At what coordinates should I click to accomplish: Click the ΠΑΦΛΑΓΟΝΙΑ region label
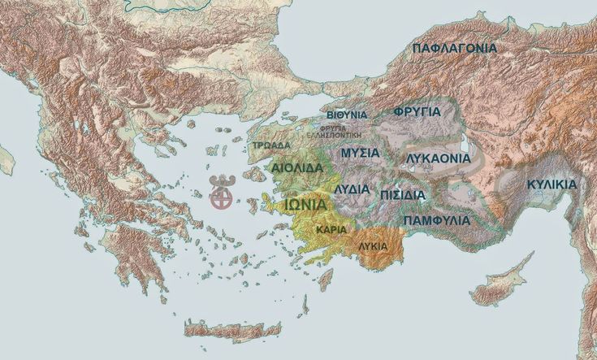point(454,49)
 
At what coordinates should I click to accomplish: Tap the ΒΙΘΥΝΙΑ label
point(347,115)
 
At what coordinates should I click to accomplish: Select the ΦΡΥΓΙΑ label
point(417,111)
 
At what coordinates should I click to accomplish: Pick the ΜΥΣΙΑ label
point(361,153)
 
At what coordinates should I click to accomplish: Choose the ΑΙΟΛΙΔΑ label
point(298,168)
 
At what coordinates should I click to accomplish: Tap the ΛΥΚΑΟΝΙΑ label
point(438,158)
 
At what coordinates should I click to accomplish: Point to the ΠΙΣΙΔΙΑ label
point(401,195)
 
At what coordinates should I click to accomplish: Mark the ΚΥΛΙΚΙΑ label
point(552,184)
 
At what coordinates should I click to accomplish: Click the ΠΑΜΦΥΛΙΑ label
point(436,220)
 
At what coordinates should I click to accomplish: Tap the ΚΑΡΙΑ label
point(331,229)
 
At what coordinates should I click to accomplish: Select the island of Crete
point(231,330)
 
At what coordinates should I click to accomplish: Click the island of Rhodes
point(326,279)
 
